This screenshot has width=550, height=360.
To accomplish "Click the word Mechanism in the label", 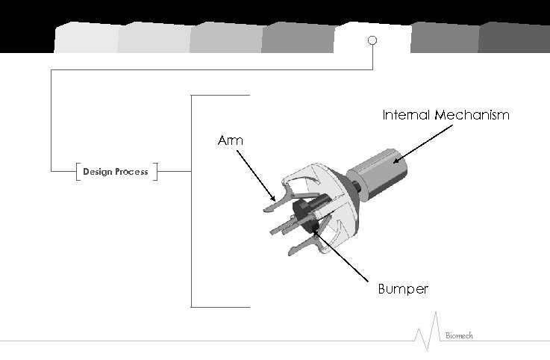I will pyautogui.click(x=473, y=116).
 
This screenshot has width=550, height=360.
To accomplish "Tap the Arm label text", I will pyautogui.click(x=230, y=140).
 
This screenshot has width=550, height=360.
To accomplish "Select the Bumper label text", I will pyautogui.click(x=403, y=289).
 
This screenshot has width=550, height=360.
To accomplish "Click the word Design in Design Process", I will pyautogui.click(x=97, y=172).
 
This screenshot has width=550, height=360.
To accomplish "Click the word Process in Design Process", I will pyautogui.click(x=131, y=172).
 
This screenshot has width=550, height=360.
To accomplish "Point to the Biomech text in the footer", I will pyautogui.click(x=459, y=336).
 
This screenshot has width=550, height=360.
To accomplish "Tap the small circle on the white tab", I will pyautogui.click(x=372, y=40).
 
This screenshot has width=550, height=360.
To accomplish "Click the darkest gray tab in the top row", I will pyautogui.click(x=515, y=37).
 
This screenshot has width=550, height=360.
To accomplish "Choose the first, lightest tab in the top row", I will pyautogui.click(x=86, y=37).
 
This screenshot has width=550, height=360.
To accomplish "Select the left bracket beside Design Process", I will pyautogui.click(x=78, y=172).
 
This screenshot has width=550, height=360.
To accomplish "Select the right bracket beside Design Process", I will pyautogui.click(x=154, y=172).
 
